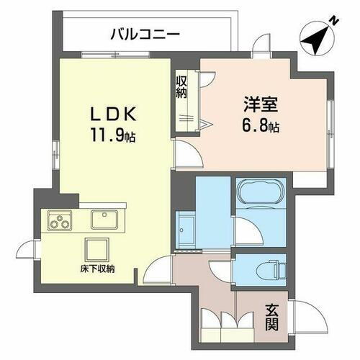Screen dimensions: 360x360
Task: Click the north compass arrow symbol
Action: (x=317, y=36)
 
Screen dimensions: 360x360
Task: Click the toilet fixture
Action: (x=266, y=269)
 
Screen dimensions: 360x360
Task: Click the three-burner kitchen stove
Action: (x=59, y=220)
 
